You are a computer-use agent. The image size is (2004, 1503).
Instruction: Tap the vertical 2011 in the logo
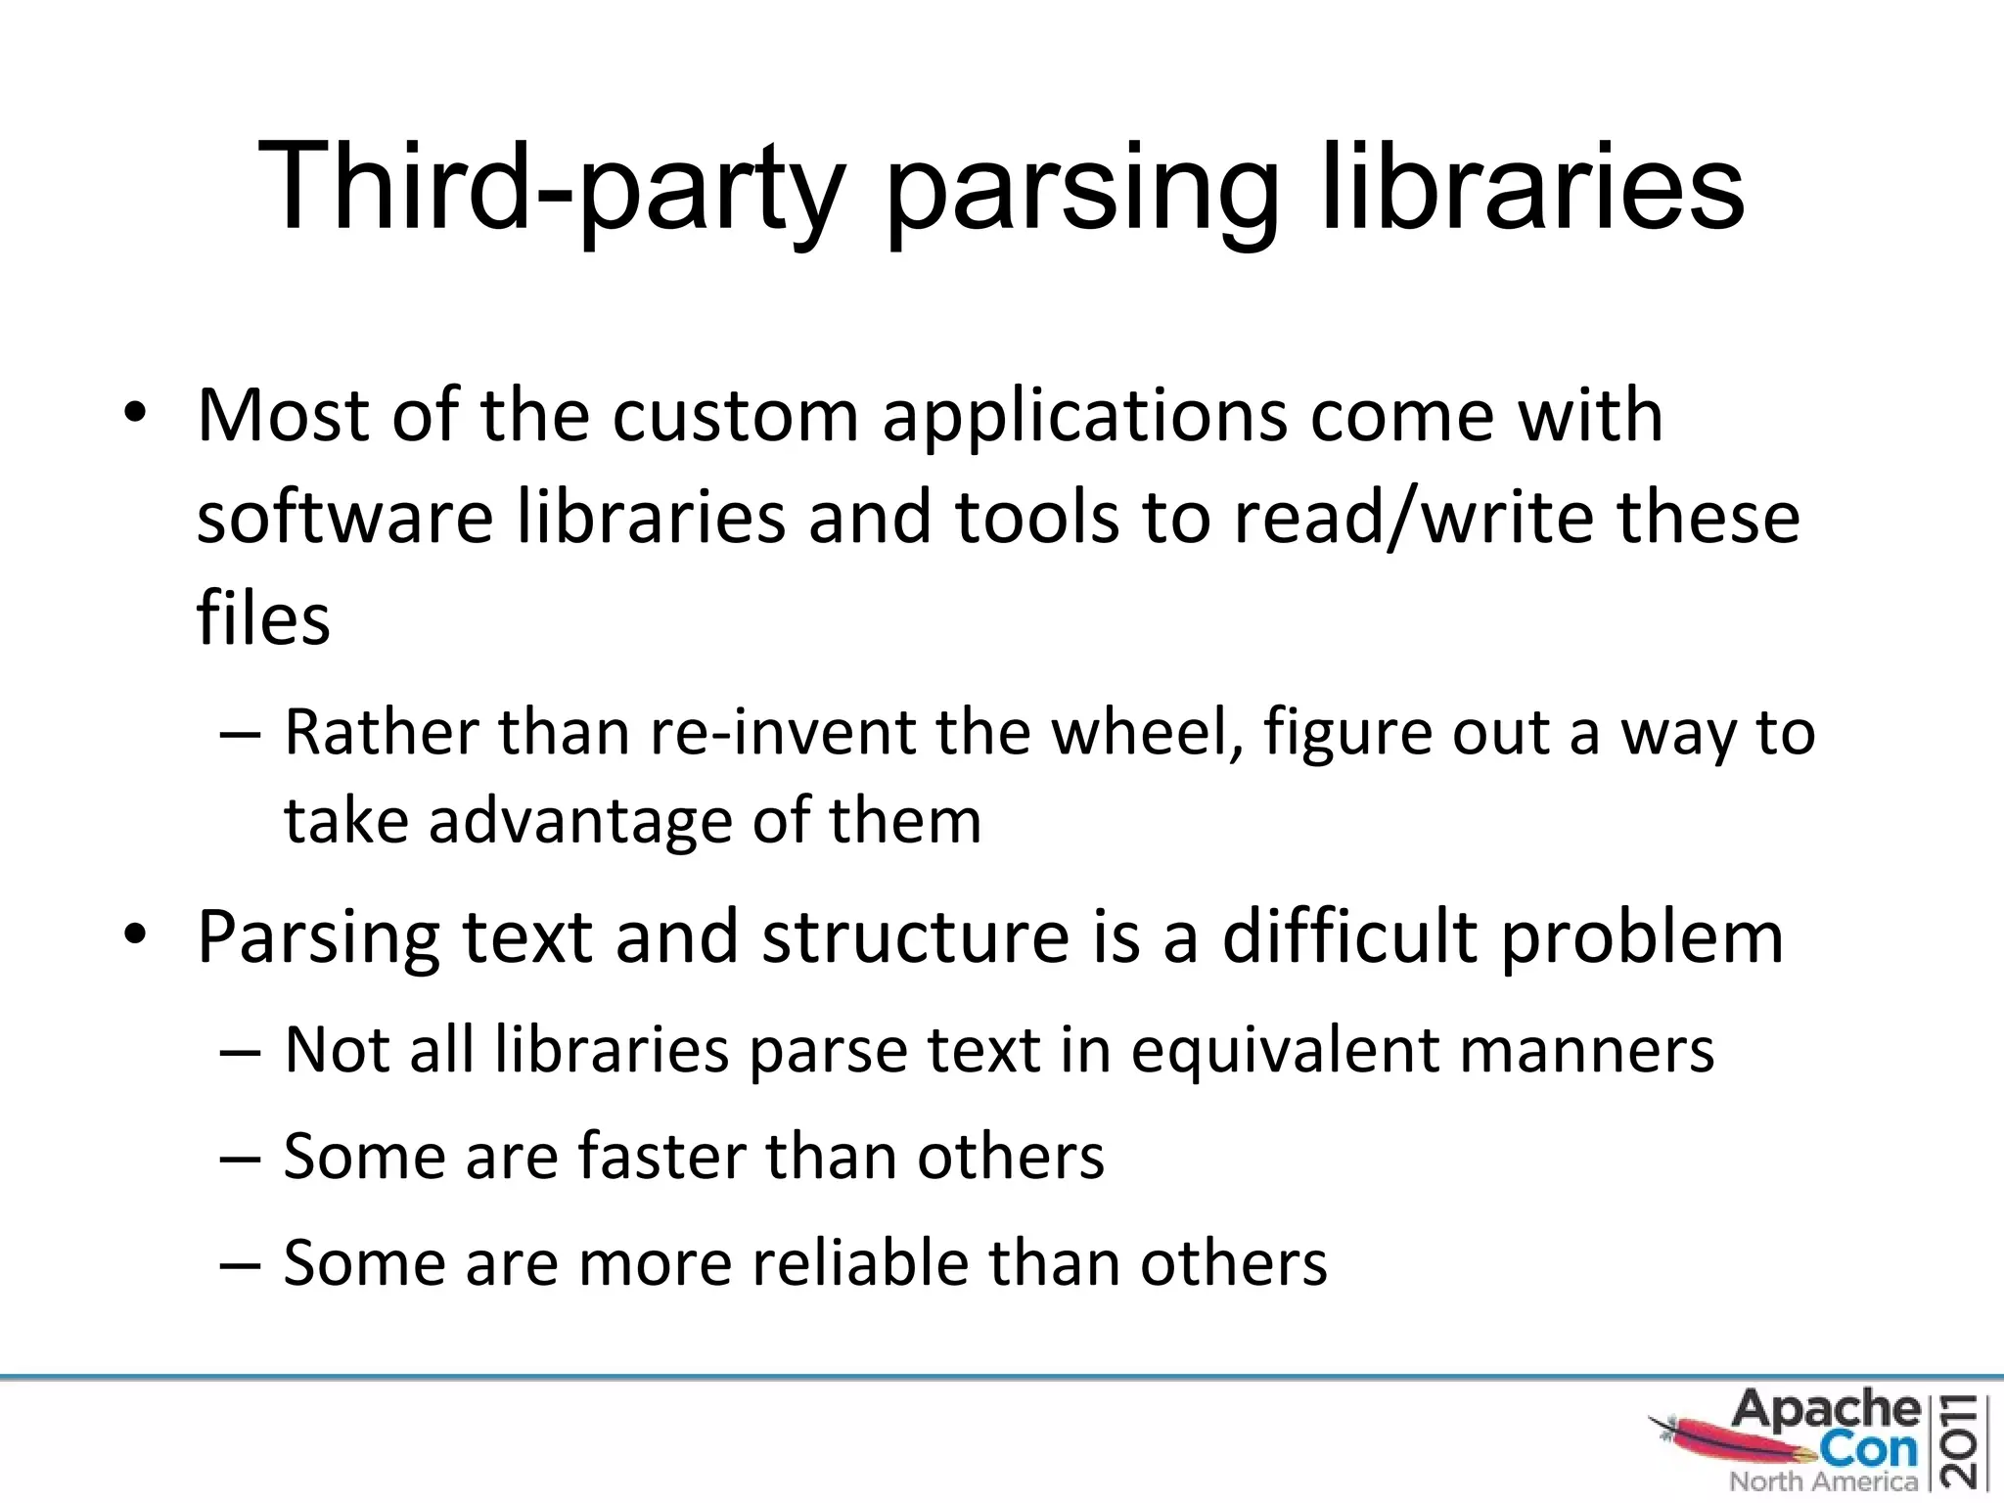[1963, 1439]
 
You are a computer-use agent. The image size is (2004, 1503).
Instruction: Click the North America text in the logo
[1823, 1481]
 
